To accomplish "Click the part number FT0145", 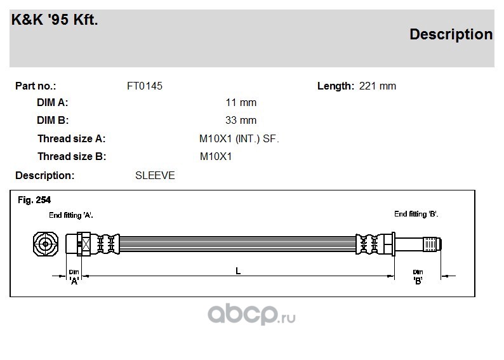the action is (145, 86).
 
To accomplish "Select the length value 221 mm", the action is (377, 86).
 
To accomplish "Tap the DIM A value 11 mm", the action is (241, 102).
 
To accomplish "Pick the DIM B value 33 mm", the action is (241, 120).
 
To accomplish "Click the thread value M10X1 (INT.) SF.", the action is (239, 139).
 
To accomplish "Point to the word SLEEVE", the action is (155, 175).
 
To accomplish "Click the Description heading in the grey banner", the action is (451, 35).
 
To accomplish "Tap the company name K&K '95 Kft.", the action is (55, 20).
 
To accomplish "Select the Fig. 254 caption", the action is (34, 200).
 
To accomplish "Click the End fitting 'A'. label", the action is (71, 215).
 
